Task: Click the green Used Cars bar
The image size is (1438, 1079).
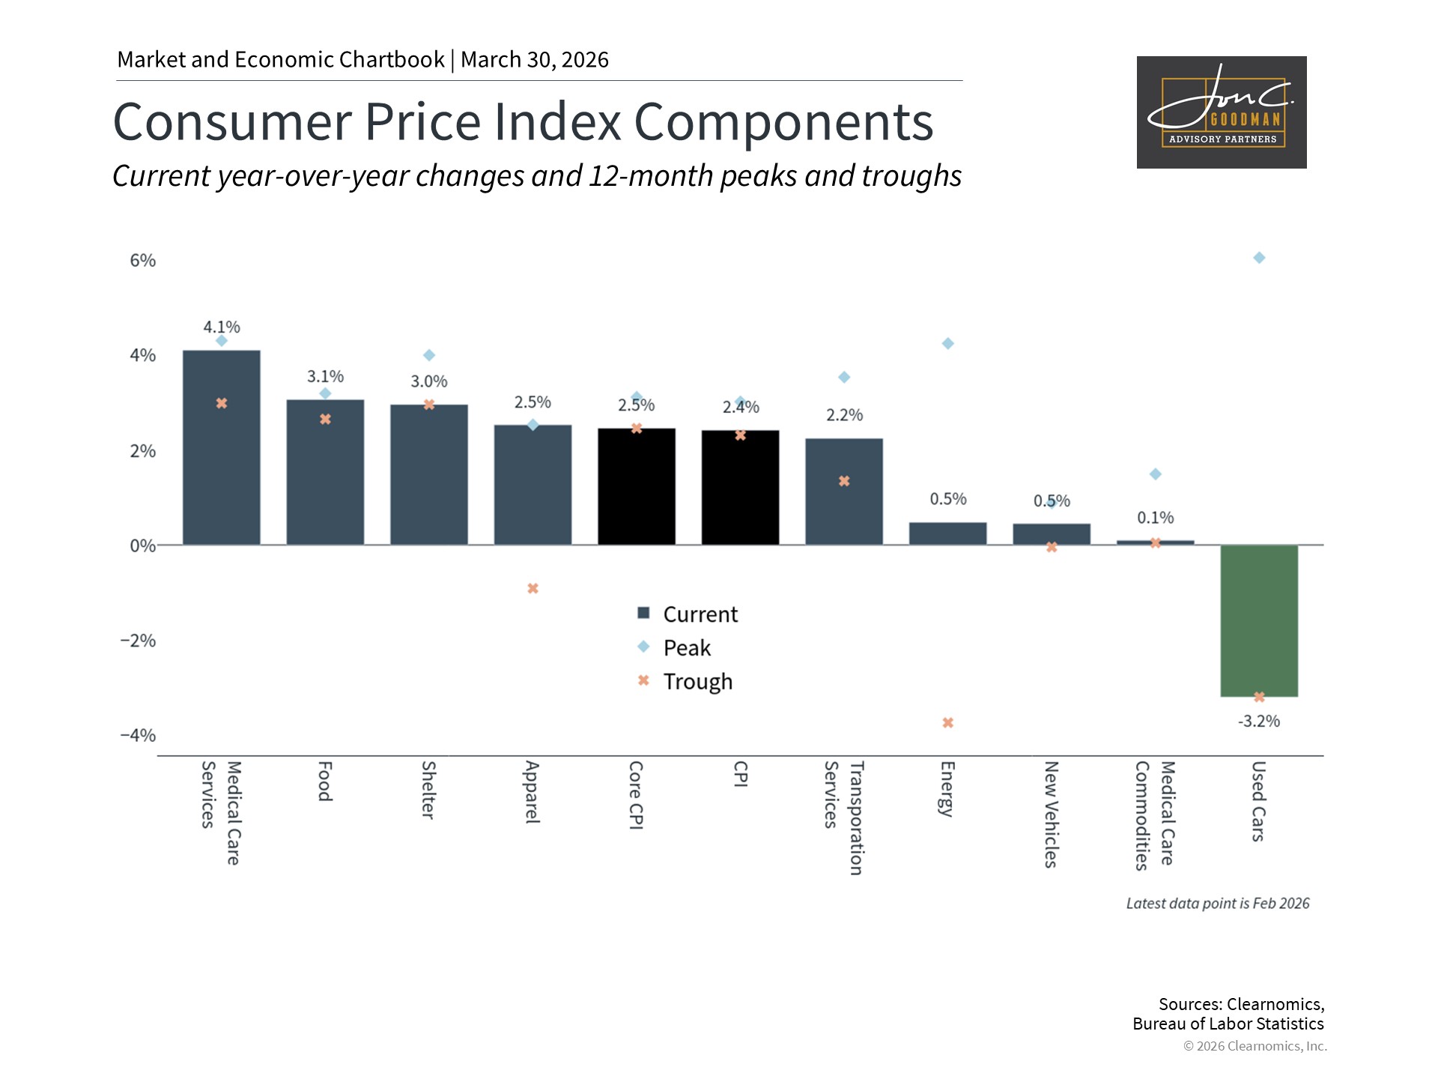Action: click(1259, 620)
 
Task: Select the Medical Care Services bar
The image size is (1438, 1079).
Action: click(222, 447)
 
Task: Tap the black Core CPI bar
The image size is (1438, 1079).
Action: click(637, 486)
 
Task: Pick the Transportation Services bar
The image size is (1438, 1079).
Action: click(844, 492)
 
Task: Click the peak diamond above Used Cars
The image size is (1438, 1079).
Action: click(1259, 258)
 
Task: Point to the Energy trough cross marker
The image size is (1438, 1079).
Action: click(948, 723)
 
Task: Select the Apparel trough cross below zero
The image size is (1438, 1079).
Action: click(533, 589)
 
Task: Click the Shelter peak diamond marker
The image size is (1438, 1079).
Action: click(429, 355)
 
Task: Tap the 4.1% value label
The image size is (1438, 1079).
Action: click(222, 327)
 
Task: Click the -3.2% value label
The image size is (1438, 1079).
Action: click(1259, 721)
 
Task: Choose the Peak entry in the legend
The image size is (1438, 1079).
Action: click(674, 647)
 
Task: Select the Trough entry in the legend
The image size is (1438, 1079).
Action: click(685, 681)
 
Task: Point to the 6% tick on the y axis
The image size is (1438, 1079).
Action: click(143, 260)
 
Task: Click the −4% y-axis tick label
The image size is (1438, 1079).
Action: click(139, 735)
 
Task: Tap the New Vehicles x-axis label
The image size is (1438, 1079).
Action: click(1052, 814)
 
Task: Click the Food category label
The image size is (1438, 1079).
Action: click(325, 782)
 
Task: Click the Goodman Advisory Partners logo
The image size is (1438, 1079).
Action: click(1222, 112)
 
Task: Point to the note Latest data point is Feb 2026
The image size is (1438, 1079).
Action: click(1218, 904)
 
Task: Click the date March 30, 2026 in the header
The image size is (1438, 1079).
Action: click(535, 60)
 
